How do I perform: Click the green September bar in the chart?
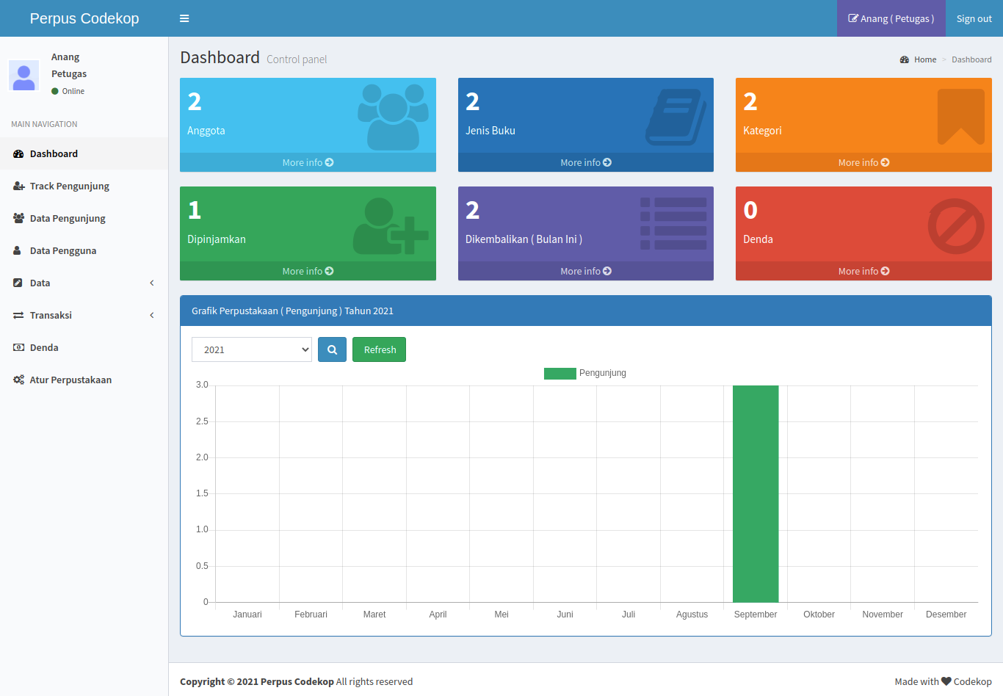coord(756,493)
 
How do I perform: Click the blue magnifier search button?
coord(332,349)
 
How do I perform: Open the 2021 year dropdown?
coord(252,349)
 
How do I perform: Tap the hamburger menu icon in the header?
coord(184,18)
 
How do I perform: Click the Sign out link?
coord(974,18)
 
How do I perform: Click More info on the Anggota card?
coord(308,162)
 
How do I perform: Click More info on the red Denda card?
coord(863,271)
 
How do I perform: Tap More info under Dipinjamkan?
coord(308,271)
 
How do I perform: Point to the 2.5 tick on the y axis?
coord(202,421)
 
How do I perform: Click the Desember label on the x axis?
coord(946,614)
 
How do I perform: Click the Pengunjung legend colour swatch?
coord(560,373)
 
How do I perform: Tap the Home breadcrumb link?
coord(925,59)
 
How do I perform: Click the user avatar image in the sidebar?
coord(23,75)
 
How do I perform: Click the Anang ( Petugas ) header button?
coord(891,18)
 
